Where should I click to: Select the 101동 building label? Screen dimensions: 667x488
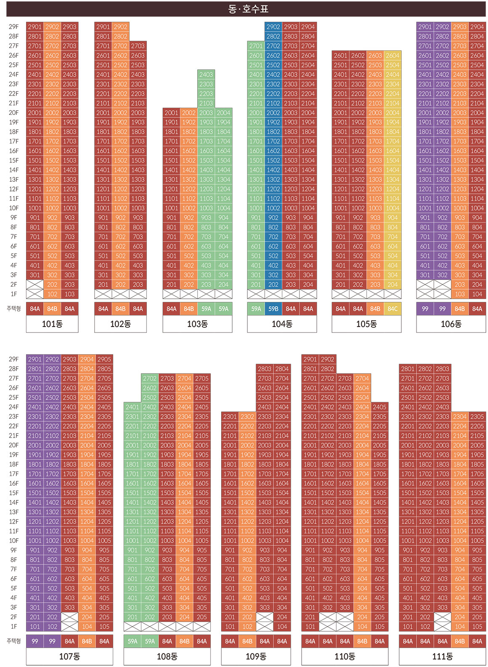(52, 324)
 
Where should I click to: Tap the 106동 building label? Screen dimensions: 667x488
(451, 324)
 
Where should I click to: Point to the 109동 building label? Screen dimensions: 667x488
(256, 656)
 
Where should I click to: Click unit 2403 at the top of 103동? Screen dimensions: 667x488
(206, 74)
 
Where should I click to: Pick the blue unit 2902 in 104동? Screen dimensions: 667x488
(273, 27)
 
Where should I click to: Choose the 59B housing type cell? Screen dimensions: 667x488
(273, 309)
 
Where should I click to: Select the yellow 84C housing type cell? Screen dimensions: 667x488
(393, 309)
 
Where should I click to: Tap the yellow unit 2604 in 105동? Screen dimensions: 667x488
(393, 56)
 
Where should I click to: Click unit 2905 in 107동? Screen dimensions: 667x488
(104, 359)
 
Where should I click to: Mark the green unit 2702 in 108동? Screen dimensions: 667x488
(150, 378)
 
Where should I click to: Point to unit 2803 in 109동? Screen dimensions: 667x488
(265, 369)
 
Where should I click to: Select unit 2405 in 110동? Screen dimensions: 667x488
(379, 407)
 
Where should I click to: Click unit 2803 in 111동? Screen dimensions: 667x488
(442, 369)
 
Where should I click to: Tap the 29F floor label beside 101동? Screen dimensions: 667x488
(13, 27)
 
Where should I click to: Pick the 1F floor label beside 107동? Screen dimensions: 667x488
(13, 627)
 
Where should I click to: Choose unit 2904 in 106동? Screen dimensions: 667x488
(477, 27)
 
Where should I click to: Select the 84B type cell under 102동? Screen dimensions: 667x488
(120, 309)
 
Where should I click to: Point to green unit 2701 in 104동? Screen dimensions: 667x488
(256, 46)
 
